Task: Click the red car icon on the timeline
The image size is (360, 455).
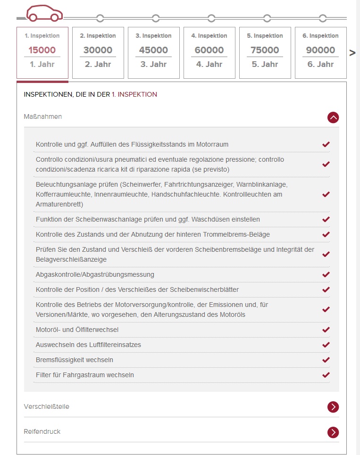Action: (x=44, y=14)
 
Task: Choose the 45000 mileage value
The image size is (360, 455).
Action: (x=153, y=50)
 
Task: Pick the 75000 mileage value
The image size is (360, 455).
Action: (x=265, y=50)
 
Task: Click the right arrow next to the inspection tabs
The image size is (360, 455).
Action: (x=352, y=53)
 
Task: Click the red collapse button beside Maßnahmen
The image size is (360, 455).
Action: (x=333, y=117)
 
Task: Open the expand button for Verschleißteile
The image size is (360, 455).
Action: (x=333, y=407)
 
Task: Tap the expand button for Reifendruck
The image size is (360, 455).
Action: (x=333, y=432)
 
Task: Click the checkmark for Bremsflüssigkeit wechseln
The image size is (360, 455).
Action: (x=326, y=360)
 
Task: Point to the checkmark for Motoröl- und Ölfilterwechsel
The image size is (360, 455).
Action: (x=326, y=330)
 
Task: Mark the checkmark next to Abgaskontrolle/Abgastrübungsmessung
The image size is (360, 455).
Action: (x=326, y=274)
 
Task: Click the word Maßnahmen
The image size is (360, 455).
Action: (x=43, y=116)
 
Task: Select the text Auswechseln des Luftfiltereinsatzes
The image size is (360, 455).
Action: (x=88, y=345)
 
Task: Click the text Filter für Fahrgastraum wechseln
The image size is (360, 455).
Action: (x=85, y=375)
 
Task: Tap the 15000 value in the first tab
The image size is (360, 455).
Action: (x=42, y=50)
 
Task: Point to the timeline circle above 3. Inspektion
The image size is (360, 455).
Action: (x=156, y=18)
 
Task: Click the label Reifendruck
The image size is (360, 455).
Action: (x=42, y=431)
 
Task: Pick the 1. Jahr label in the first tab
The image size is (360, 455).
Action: (x=42, y=64)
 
